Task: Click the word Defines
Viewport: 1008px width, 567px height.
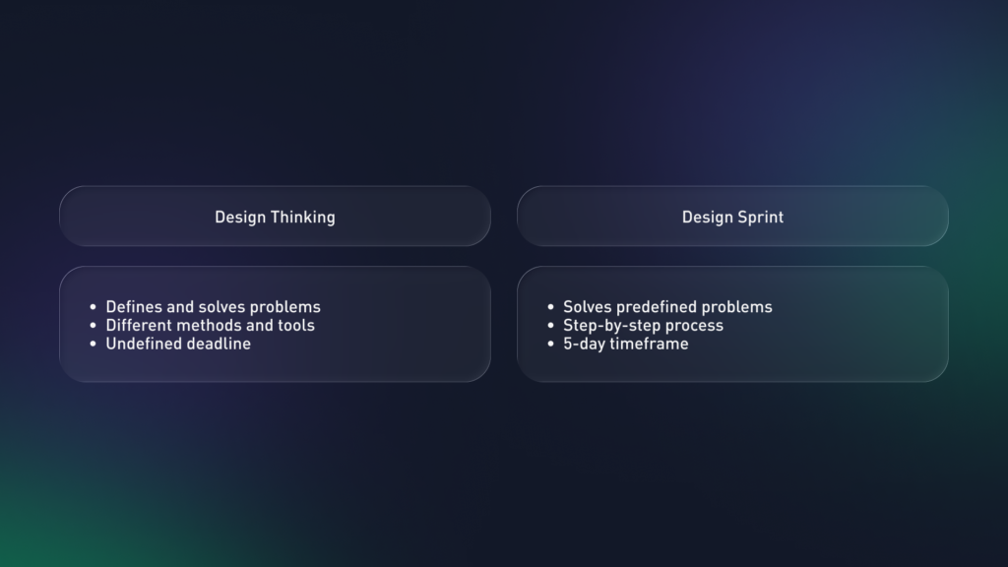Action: tap(134, 307)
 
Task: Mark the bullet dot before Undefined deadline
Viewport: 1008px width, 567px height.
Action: tap(94, 344)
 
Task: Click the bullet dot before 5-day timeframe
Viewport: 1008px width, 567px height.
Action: tap(551, 344)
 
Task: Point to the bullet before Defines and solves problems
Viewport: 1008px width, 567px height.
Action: tap(94, 307)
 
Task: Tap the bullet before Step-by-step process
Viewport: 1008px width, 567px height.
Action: tap(551, 325)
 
